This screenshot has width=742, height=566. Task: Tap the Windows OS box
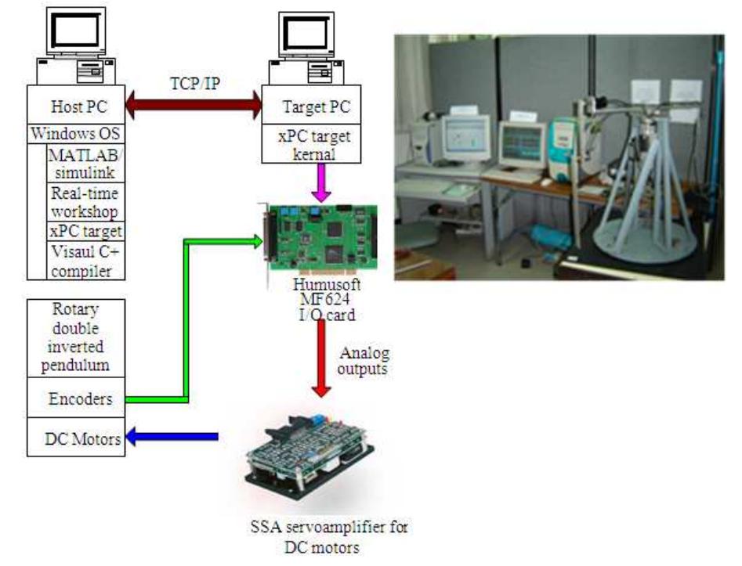click(75, 133)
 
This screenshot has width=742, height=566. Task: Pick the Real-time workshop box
click(85, 203)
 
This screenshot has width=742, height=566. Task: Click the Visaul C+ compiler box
click(85, 261)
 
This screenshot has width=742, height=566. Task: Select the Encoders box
click(75, 399)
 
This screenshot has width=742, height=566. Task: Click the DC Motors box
click(75, 439)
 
